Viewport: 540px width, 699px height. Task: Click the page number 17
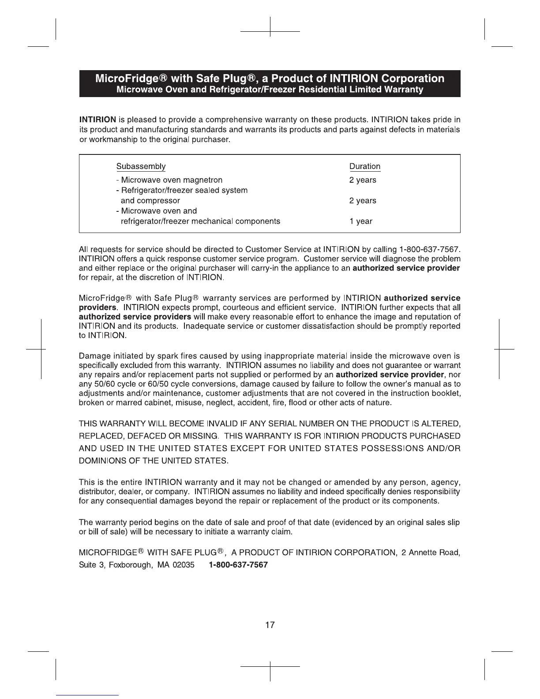[270, 624]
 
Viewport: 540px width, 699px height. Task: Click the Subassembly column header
[141, 166]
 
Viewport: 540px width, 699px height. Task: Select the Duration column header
[364, 166]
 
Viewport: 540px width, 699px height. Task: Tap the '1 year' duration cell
[360, 221]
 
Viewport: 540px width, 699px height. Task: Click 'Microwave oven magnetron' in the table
[171, 180]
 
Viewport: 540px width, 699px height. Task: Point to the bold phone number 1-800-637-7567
[238, 565]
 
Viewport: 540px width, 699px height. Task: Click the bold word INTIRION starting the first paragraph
[97, 120]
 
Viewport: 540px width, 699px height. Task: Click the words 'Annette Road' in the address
[435, 552]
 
